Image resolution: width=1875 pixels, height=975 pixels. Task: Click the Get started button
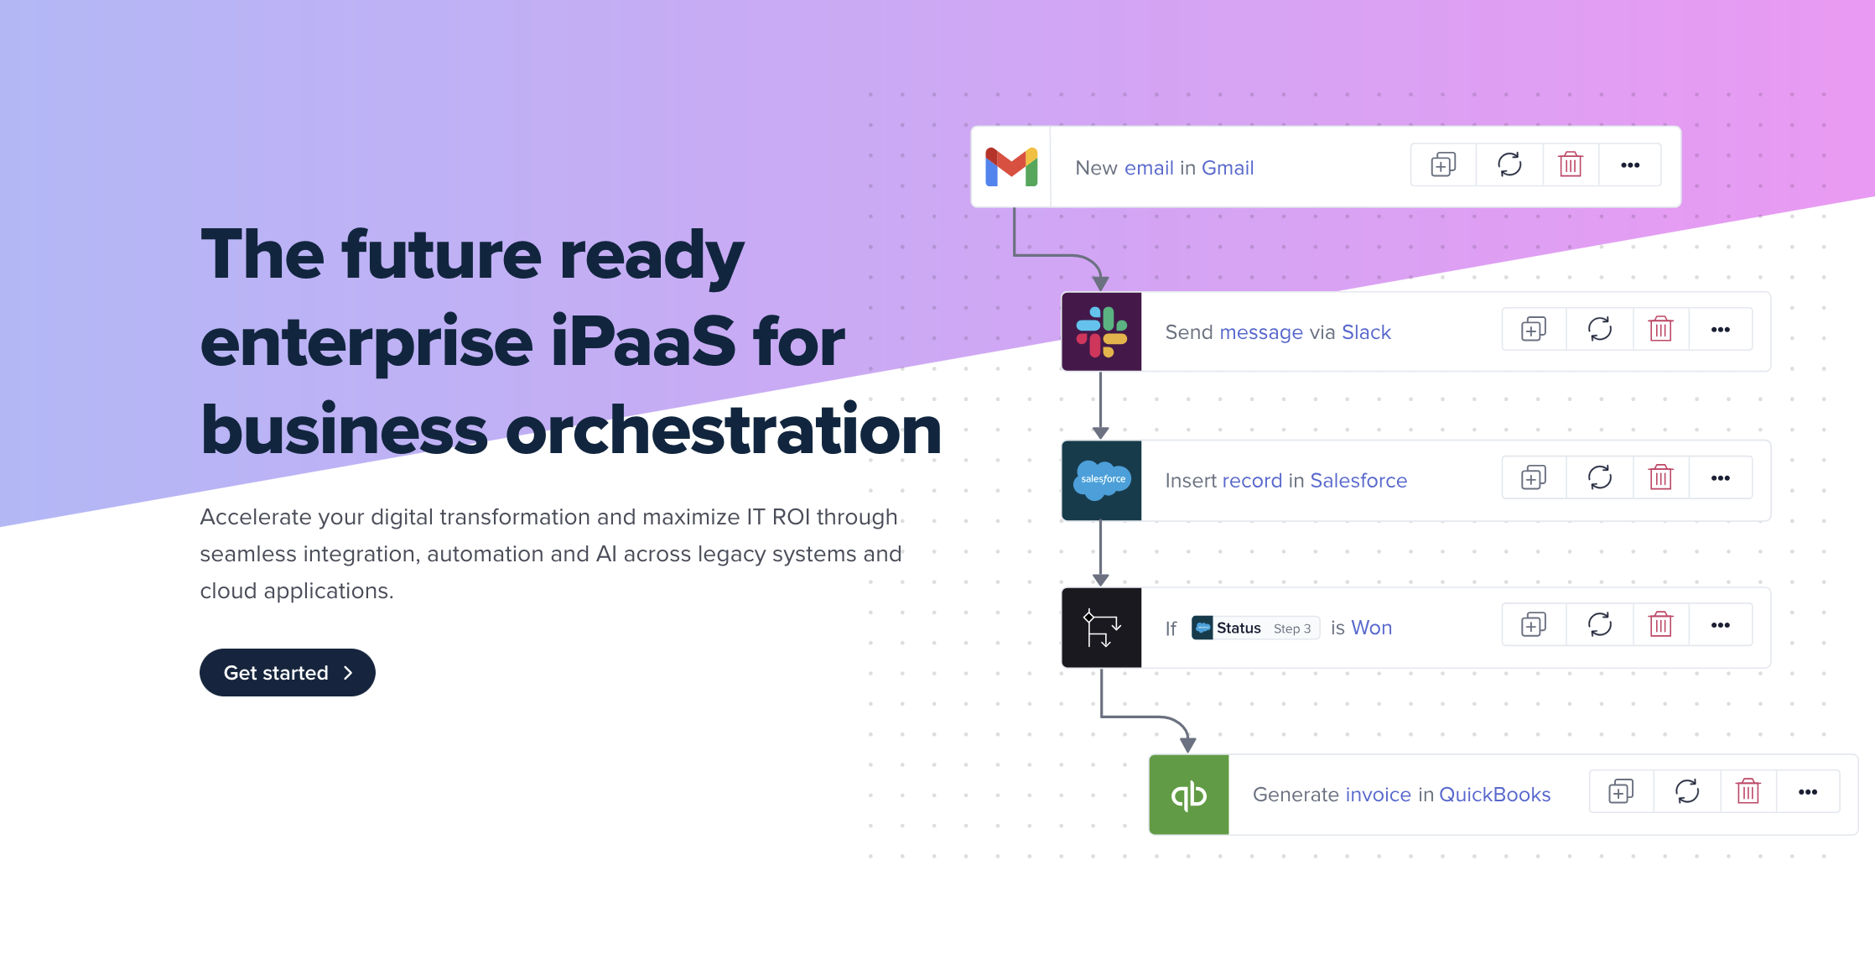[287, 672]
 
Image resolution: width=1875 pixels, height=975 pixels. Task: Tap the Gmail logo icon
[1011, 167]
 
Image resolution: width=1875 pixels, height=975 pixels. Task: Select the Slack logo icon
[1102, 331]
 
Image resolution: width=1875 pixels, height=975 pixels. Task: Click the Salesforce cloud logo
[1102, 480]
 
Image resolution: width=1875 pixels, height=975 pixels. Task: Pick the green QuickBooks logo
[1189, 795]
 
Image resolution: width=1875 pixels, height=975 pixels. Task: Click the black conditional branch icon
[1102, 628]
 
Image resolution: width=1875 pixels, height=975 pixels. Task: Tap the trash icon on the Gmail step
[1571, 164]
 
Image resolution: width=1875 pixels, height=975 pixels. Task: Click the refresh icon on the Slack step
[1600, 329]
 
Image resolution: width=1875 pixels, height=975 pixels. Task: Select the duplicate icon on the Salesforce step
[1534, 477]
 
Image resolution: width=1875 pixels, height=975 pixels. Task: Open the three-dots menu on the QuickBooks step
[1808, 792]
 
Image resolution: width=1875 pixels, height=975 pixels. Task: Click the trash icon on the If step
[1660, 624]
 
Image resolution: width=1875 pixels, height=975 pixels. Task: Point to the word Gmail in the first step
[1228, 168]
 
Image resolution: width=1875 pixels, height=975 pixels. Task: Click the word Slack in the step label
[1366, 332]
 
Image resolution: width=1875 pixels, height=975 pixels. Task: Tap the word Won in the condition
[1372, 628]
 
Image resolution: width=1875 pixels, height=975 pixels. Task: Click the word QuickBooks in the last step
[1494, 795]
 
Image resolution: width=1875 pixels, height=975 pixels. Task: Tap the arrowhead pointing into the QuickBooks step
[1188, 745]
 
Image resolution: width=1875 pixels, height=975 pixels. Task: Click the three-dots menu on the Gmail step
[1630, 165]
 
